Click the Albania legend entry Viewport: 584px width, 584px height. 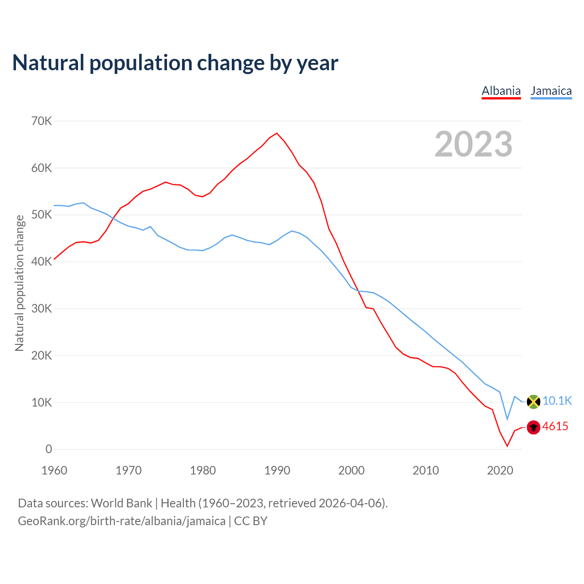(501, 91)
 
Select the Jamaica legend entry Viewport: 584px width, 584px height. (551, 91)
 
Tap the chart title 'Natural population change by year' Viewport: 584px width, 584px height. (175, 63)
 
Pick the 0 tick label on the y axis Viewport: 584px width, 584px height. (48, 449)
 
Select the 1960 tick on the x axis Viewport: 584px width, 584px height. (54, 470)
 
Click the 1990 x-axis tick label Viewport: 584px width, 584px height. (277, 470)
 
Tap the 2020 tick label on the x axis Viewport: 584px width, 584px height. (500, 470)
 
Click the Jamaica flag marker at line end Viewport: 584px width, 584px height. (533, 401)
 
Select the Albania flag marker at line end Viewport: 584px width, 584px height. (533, 427)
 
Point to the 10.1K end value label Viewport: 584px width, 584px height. (557, 401)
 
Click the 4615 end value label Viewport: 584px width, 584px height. (555, 427)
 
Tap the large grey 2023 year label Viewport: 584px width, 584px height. (474, 145)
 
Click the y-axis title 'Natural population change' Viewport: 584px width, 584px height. (19, 283)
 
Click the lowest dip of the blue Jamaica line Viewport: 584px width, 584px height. (507, 419)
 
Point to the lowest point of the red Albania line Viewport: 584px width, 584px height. (507, 446)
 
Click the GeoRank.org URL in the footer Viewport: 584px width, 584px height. (121, 521)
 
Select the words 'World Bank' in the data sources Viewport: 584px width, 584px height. (121, 503)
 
